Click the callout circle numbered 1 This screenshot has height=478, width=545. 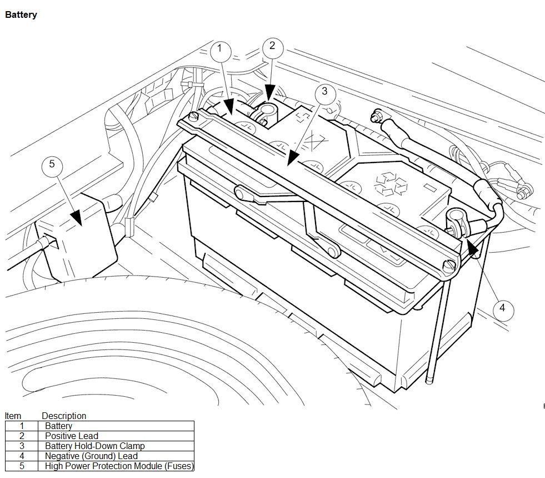tap(220, 49)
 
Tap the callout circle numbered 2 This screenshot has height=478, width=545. tap(272, 46)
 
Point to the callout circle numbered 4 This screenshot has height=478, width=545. tap(502, 308)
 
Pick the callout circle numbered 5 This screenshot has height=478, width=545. tap(52, 164)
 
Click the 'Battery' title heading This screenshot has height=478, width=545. tap(21, 15)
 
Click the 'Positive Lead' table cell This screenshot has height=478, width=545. tap(71, 436)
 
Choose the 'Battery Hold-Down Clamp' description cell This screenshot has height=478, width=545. tap(94, 446)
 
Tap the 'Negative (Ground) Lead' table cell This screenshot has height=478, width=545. tap(91, 456)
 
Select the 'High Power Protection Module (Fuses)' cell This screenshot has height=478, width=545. tap(119, 466)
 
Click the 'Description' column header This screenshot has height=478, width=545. tap(64, 416)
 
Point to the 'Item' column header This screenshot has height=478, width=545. tap(13, 416)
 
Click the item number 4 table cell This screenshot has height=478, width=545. tap(22, 456)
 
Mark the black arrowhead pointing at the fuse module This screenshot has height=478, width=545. tap(75, 218)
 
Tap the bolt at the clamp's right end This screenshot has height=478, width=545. tap(447, 266)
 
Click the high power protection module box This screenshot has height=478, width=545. tap(78, 236)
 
